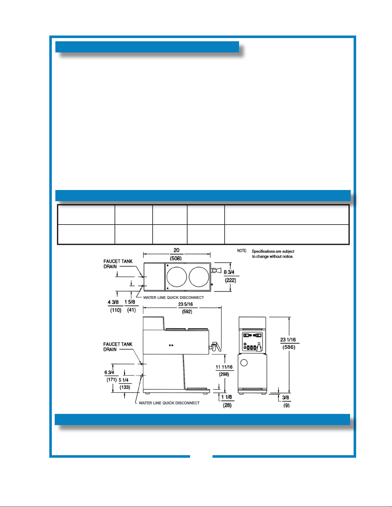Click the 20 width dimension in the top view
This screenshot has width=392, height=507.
(176, 250)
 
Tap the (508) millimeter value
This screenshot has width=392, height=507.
(176, 258)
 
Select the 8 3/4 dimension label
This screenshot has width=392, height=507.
(229, 272)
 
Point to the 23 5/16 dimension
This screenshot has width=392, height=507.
(186, 304)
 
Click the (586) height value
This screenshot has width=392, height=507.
(289, 347)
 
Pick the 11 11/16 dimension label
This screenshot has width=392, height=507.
(224, 367)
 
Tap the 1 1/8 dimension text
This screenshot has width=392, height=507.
(227, 397)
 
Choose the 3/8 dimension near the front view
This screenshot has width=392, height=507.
(285, 398)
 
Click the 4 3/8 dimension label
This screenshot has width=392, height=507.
(113, 302)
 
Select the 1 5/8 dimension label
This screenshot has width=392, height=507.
(130, 302)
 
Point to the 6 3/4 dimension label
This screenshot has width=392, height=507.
(109, 372)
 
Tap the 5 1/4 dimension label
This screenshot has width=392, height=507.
(124, 380)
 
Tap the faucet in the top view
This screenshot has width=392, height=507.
(216, 271)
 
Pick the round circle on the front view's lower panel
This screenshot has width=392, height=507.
(244, 363)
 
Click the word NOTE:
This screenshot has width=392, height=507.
(242, 251)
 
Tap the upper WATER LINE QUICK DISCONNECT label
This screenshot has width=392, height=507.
(173, 297)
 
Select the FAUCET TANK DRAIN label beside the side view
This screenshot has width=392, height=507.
(117, 347)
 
